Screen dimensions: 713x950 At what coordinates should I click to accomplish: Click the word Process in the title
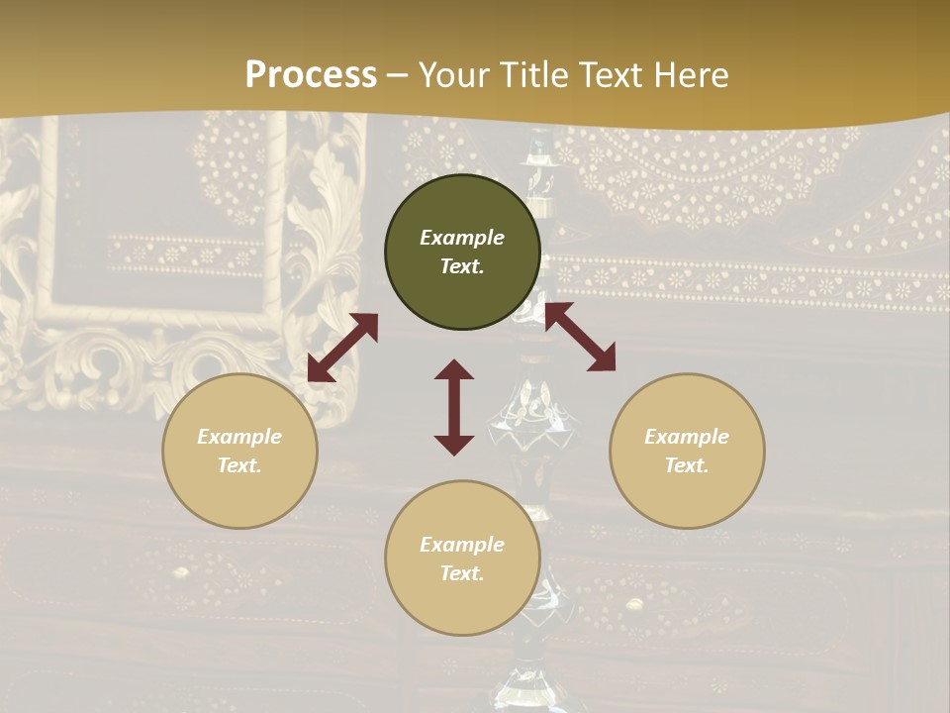(x=311, y=75)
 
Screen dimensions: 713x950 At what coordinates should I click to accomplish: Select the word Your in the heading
(x=455, y=75)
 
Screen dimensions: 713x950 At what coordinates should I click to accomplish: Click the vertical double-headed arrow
(x=454, y=407)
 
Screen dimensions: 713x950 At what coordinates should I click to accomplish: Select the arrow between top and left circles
(x=342, y=348)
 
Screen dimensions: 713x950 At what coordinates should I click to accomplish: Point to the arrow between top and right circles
(x=580, y=337)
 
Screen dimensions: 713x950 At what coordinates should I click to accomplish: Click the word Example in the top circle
(x=462, y=238)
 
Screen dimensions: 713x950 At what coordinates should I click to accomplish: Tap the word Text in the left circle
(x=239, y=465)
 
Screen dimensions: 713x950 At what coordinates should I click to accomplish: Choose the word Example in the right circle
(x=687, y=437)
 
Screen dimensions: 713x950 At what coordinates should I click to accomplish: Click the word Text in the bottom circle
(x=462, y=573)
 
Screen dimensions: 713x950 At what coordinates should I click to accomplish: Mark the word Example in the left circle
(x=239, y=437)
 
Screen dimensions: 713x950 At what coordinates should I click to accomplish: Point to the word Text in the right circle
(x=687, y=465)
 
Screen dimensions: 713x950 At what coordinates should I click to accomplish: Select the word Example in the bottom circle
(x=462, y=545)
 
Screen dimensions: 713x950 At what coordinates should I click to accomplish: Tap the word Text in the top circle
(x=462, y=266)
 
